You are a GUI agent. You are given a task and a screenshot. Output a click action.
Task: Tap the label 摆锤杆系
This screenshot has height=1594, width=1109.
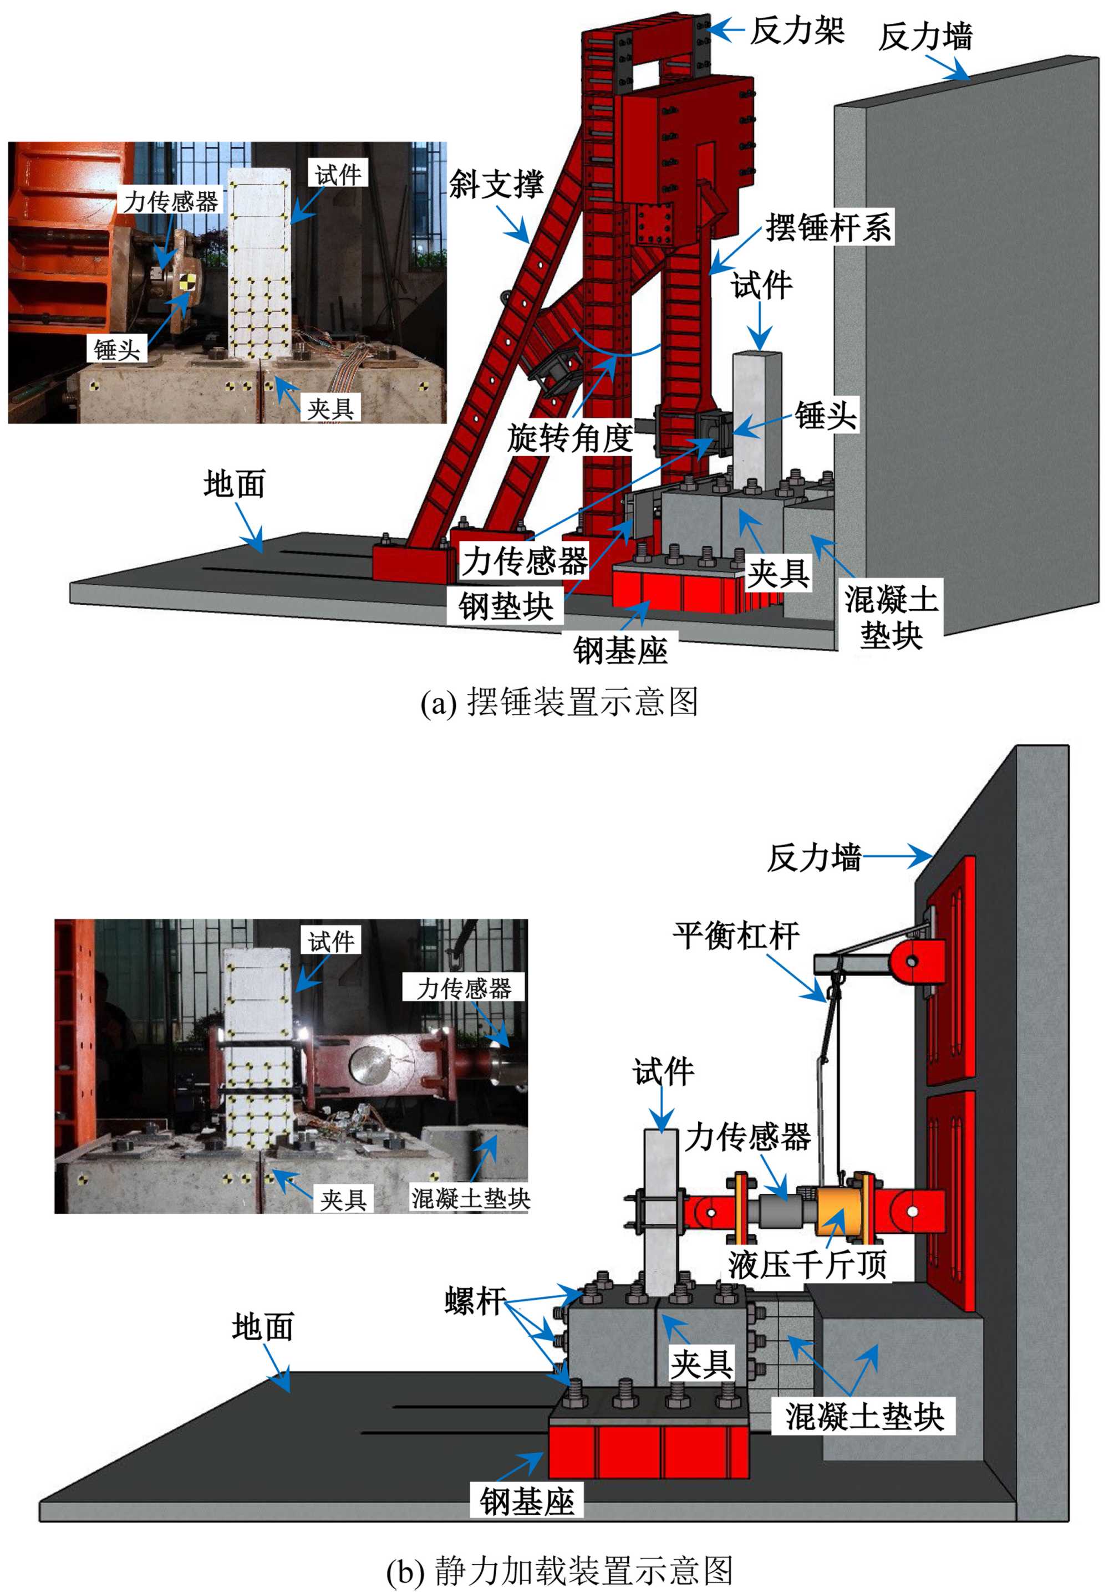coord(828,227)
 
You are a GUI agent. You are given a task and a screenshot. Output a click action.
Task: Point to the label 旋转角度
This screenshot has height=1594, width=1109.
coord(569,437)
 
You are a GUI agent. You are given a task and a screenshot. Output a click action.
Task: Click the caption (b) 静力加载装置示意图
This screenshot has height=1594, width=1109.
coord(559,1570)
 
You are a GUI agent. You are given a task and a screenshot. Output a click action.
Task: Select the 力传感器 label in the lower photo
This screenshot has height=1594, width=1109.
coord(463,987)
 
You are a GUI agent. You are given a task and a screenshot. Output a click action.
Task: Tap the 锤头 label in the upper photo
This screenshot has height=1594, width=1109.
coord(116,349)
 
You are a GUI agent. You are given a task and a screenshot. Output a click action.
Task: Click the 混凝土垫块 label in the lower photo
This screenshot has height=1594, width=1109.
coord(471,1198)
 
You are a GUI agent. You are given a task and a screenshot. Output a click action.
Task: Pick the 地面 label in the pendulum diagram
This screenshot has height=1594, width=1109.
coord(234,483)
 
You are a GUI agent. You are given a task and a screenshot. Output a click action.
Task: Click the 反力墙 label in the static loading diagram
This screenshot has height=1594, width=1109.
coord(813,858)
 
